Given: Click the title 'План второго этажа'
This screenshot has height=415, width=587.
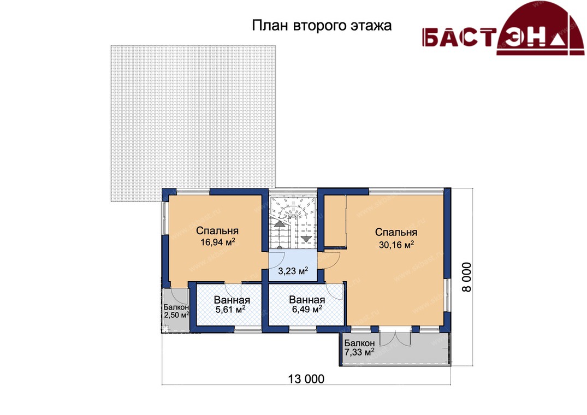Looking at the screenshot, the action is coord(322,26).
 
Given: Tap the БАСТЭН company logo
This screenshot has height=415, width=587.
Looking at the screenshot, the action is coord(503,29).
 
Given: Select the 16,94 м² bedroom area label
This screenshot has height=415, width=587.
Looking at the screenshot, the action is coord(217,242).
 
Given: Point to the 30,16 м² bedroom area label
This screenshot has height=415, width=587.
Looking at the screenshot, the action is coord(396,245).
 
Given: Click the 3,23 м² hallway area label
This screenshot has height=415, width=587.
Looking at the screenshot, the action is coord(293,270).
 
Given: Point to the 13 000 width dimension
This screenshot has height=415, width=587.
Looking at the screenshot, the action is coord(306,379).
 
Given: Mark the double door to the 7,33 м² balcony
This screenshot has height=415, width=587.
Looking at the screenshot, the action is coord(395,337).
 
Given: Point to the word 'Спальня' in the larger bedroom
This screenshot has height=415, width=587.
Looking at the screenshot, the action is coord(396,232).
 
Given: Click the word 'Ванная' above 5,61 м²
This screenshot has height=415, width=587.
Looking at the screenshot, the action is coord(232,300).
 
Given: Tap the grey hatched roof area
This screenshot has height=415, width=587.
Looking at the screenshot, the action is coord(193,123).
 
